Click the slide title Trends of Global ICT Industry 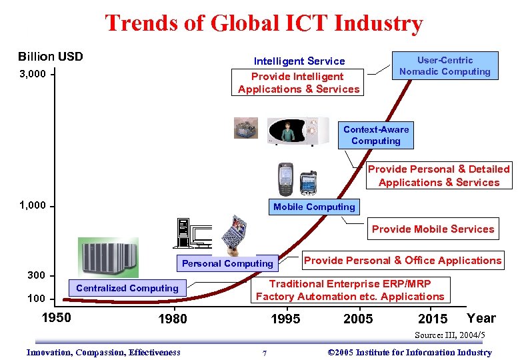pyautogui.click(x=263, y=23)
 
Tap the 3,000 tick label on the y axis pyautogui.click(x=33, y=74)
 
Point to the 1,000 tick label pyautogui.click(x=33, y=205)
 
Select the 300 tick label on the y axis pyautogui.click(x=37, y=275)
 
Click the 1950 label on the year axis pyautogui.click(x=56, y=317)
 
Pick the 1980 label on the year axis pyautogui.click(x=173, y=319)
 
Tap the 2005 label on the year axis pyautogui.click(x=358, y=319)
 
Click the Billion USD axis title pyautogui.click(x=51, y=56)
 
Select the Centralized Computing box pyautogui.click(x=127, y=288)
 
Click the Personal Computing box pyautogui.click(x=228, y=263)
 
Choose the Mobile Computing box pyautogui.click(x=314, y=207)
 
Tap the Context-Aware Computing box pyautogui.click(x=376, y=135)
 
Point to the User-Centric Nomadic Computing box pyautogui.click(x=445, y=66)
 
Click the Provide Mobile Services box pyautogui.click(x=433, y=229)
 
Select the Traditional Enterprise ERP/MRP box pyautogui.click(x=350, y=290)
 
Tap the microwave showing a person pyautogui.click(x=298, y=131)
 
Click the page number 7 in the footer pyautogui.click(x=265, y=353)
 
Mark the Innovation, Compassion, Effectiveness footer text pyautogui.click(x=103, y=353)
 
